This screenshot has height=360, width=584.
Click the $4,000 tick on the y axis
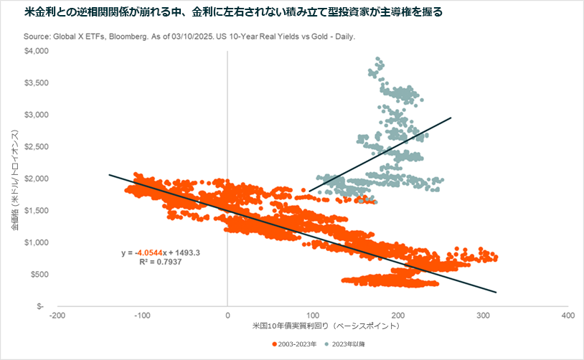36,51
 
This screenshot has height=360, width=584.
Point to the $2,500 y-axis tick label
36,146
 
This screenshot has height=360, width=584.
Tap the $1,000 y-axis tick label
36,242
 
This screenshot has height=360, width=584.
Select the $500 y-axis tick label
39,274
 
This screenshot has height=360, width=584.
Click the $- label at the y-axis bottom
43,305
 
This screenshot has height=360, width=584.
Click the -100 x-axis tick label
142,315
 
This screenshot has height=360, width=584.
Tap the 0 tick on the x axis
227,315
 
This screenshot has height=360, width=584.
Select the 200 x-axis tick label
397,315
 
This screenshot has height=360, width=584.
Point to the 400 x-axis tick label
567,315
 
